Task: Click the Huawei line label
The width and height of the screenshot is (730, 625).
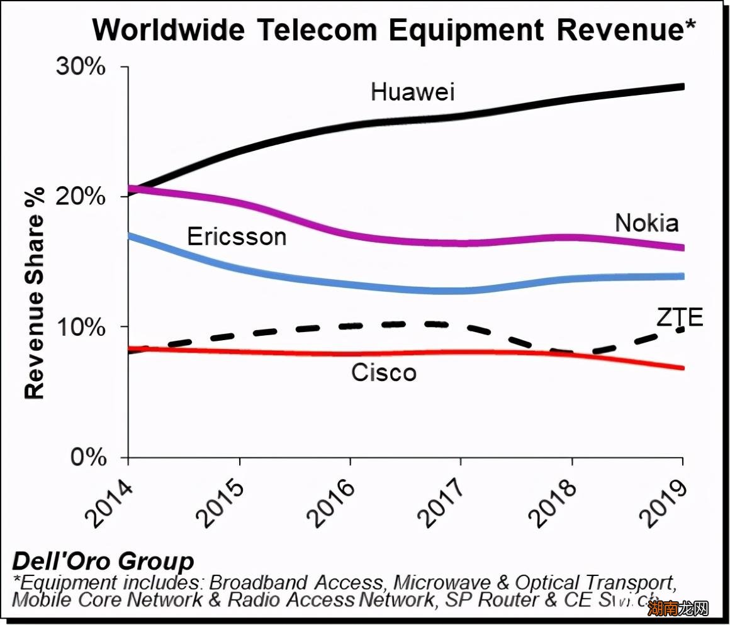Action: tap(412, 91)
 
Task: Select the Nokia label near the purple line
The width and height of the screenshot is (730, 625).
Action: tap(646, 223)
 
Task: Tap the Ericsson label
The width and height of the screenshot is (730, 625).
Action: tap(237, 236)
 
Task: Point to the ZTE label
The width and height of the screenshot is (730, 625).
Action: tap(679, 318)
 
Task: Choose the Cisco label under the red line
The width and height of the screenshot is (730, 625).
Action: tap(383, 372)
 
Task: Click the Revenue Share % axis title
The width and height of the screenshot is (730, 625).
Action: tap(35, 294)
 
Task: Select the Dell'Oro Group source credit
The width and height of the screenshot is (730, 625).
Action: tap(103, 561)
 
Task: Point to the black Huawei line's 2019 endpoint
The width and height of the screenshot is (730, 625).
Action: tap(683, 87)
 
